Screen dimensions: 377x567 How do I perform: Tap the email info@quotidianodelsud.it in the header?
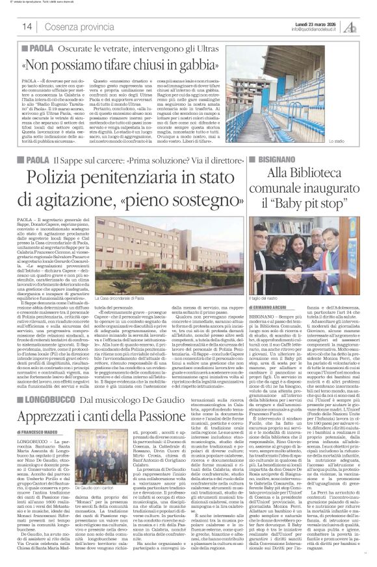[317, 29]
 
